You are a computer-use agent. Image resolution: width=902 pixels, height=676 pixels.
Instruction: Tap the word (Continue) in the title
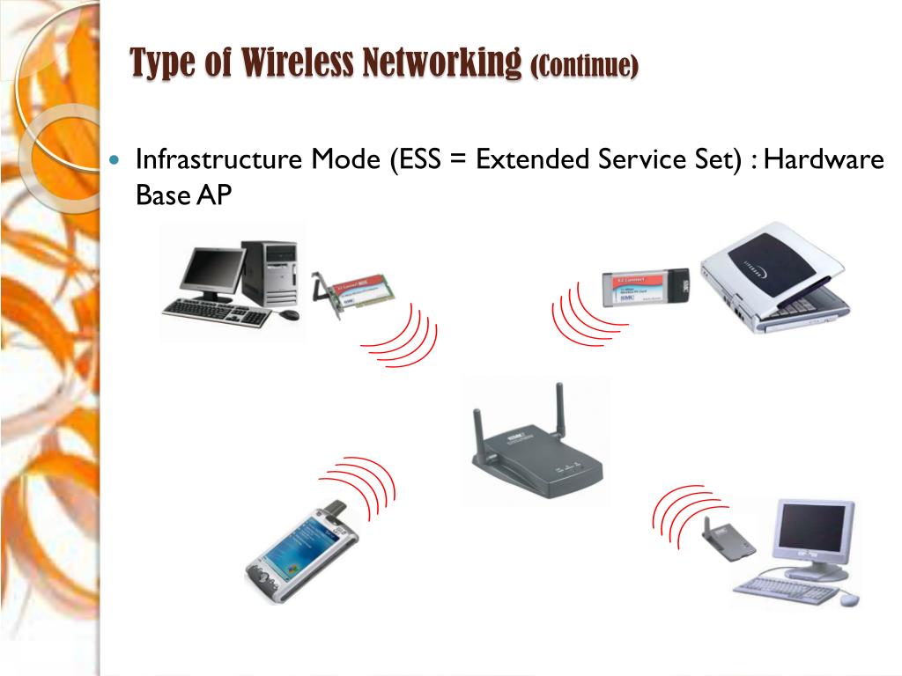pyautogui.click(x=585, y=65)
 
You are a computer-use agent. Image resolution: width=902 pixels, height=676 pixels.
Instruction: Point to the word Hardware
pyautogui.click(x=824, y=160)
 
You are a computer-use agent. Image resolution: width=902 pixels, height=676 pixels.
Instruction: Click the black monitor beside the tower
pyautogui.click(x=212, y=272)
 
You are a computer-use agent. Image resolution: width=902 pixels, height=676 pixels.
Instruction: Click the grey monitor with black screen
pyautogui.click(x=815, y=535)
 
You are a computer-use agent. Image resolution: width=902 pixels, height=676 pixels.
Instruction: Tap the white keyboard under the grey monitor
pyautogui.click(x=785, y=589)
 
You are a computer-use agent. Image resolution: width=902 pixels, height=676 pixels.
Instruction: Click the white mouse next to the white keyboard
pyautogui.click(x=849, y=599)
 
